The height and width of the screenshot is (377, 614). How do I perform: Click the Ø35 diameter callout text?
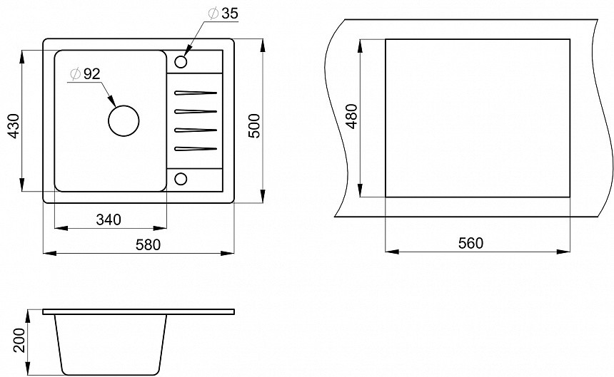click(223, 14)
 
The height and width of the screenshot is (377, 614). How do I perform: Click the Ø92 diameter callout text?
click(85, 74)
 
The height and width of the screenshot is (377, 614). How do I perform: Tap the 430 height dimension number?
click(14, 126)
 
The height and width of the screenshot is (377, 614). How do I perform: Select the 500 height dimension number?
click(254, 125)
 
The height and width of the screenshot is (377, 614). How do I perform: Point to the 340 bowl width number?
click(109, 220)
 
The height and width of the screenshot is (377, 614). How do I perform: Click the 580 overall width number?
click(148, 244)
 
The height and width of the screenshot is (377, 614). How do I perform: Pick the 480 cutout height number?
click(352, 116)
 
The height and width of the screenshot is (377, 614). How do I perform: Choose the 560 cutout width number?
click(470, 243)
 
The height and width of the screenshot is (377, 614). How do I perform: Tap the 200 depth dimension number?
click(19, 340)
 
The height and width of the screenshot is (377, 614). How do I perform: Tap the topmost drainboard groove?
click(196, 93)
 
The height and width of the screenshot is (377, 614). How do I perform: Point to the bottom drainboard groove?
click(196, 148)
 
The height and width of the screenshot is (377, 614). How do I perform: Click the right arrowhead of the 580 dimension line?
click(227, 253)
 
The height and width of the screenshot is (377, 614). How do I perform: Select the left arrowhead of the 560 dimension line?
click(392, 252)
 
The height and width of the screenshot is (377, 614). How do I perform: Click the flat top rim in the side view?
click(139, 311)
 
